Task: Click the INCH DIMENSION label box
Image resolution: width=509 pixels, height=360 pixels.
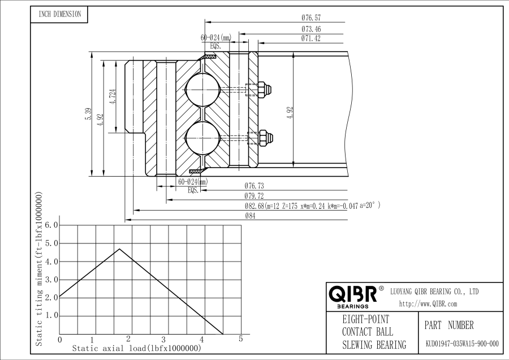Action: (x=59, y=15)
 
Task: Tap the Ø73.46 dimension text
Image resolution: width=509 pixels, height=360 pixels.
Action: (x=311, y=29)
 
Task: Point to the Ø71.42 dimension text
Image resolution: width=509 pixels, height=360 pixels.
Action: (x=311, y=38)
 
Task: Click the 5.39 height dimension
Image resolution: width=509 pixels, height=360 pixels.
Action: (x=88, y=113)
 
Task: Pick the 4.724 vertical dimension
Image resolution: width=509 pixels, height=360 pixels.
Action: (x=113, y=97)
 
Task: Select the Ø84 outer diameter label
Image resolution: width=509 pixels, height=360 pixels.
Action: (x=249, y=216)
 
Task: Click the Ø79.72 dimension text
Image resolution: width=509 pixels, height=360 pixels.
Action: (x=254, y=196)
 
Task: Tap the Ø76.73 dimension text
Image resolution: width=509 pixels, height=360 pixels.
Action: (x=254, y=186)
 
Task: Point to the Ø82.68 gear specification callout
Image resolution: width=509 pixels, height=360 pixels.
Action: (x=311, y=206)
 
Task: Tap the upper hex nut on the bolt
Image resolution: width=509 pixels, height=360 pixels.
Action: (x=264, y=89)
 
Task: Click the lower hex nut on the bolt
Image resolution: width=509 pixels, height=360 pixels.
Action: (x=264, y=137)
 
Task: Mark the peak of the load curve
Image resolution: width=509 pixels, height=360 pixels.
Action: (x=119, y=249)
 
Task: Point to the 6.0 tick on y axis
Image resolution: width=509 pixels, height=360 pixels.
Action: (x=51, y=225)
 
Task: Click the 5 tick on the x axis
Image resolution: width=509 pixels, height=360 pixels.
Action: (x=241, y=339)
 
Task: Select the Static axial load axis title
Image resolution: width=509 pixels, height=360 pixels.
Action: (x=136, y=349)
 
